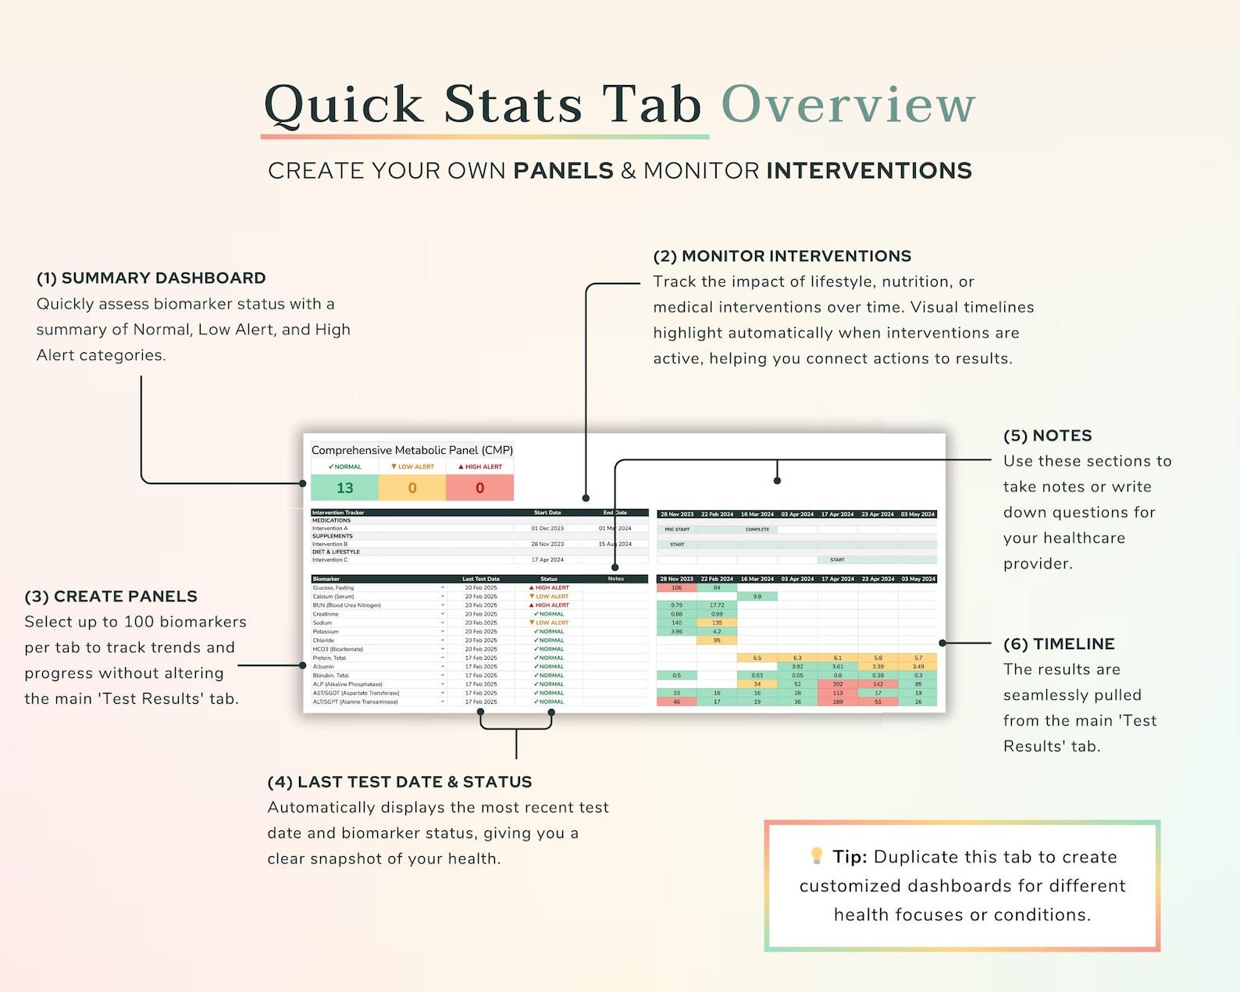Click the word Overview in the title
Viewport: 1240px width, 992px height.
coord(848,105)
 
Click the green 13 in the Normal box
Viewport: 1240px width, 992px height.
coord(344,488)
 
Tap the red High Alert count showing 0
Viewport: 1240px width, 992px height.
coord(479,488)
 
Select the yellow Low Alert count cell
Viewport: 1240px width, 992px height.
coord(412,488)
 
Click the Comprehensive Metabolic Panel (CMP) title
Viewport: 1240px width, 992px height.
coord(412,450)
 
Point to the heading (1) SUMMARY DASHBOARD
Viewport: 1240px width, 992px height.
coord(151,278)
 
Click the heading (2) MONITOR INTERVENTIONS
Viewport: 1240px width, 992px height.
coord(782,256)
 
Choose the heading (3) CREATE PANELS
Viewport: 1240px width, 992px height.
coord(111,597)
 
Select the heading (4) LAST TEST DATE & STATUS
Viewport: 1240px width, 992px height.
coord(399,782)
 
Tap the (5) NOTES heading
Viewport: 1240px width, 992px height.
coord(1047,436)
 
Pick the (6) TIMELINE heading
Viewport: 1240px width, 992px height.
coord(1059,644)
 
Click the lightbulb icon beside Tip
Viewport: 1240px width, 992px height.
coord(817,856)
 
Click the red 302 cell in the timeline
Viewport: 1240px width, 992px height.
coord(837,684)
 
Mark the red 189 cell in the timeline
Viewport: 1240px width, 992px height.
coord(837,701)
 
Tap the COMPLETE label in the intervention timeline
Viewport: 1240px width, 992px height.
coord(757,530)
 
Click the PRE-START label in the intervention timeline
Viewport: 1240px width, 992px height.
coord(677,530)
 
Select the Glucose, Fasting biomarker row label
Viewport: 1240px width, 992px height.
coord(333,588)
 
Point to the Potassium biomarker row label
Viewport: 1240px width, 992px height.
coord(326,632)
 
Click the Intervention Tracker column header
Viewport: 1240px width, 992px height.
coord(338,513)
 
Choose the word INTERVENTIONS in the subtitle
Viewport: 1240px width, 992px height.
coord(868,171)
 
